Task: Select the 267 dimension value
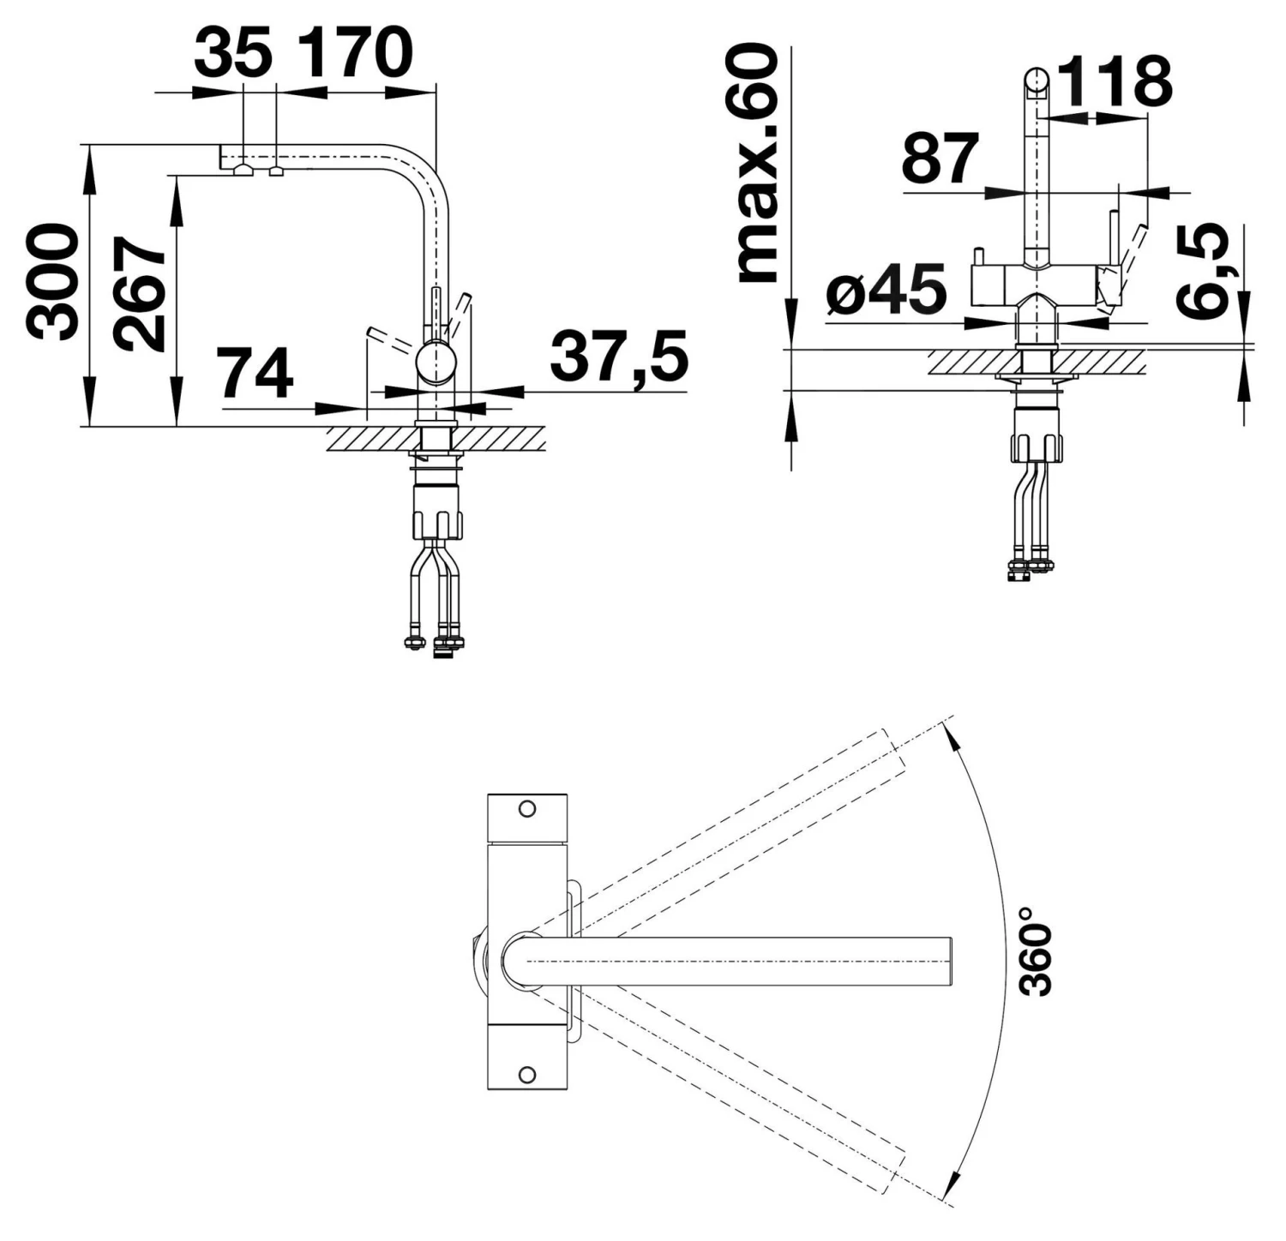[x=141, y=293]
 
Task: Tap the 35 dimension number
[x=232, y=52]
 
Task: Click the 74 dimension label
[x=255, y=374]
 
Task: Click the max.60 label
[x=758, y=163]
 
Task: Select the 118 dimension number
[x=1114, y=81]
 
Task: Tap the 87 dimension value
[x=940, y=159]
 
